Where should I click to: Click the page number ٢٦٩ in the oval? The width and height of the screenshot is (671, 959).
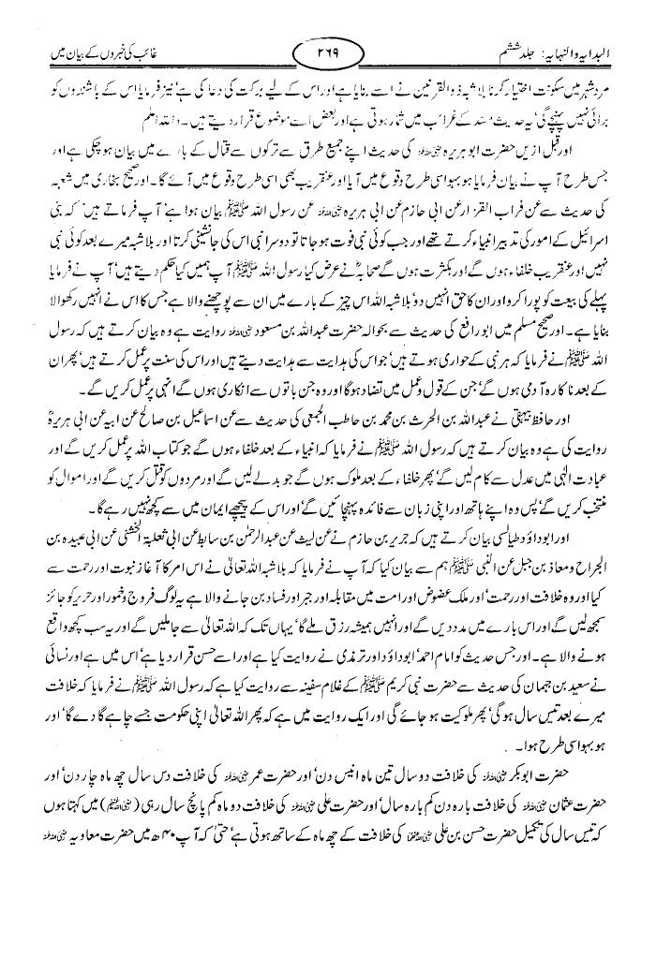pos(335,46)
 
